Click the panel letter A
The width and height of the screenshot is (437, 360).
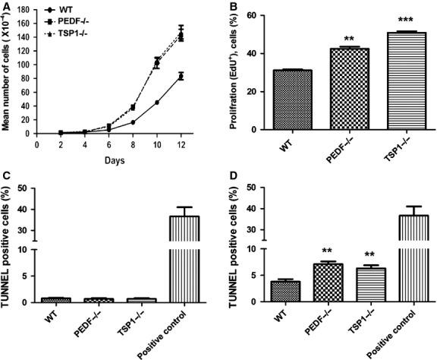click(5, 8)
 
